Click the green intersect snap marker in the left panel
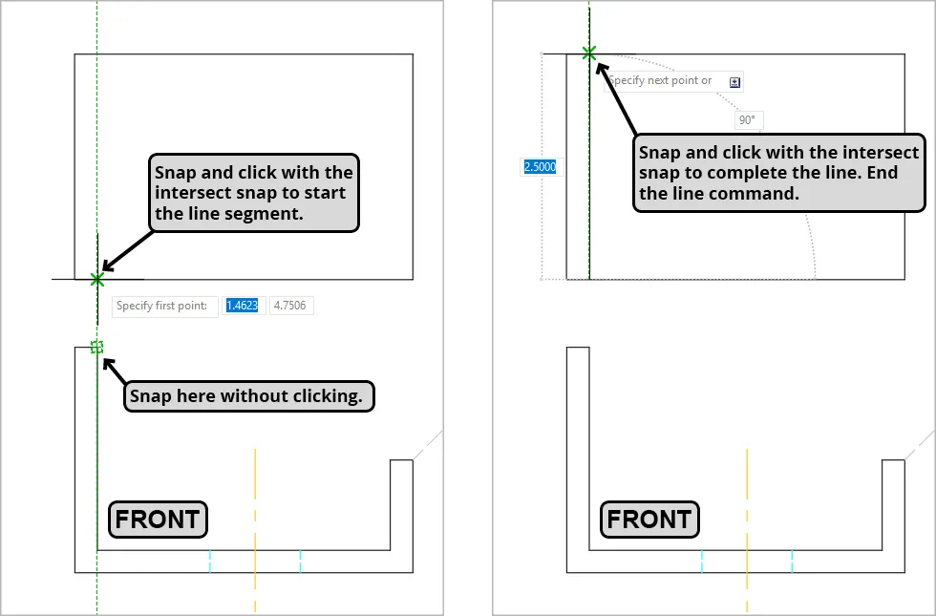[x=97, y=279]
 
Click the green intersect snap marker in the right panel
[x=589, y=53]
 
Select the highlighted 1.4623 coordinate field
[x=243, y=306]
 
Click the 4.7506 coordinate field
[x=290, y=306]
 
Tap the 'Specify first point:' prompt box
[x=164, y=307]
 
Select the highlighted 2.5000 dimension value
[x=541, y=166]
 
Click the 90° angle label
[x=748, y=120]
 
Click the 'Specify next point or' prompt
[x=660, y=80]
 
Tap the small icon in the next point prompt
[x=734, y=82]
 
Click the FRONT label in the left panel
[x=158, y=520]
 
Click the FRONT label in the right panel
[x=649, y=520]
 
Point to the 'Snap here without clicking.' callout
[x=249, y=396]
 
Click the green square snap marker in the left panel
[x=96, y=347]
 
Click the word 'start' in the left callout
[x=327, y=193]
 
